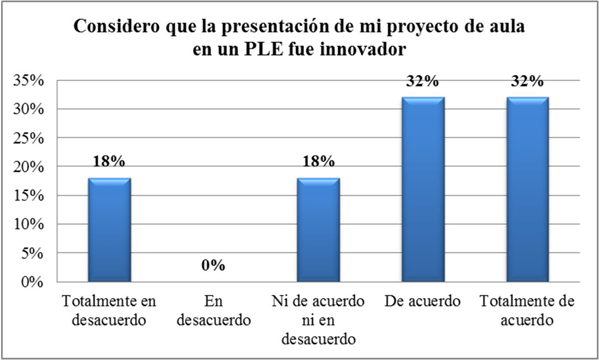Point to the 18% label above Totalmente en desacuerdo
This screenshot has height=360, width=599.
click(109, 162)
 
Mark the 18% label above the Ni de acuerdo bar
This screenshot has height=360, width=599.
click(318, 162)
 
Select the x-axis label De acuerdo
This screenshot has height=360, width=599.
click(422, 302)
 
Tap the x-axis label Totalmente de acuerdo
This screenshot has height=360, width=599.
click(527, 310)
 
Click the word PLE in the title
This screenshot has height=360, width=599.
click(252, 50)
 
